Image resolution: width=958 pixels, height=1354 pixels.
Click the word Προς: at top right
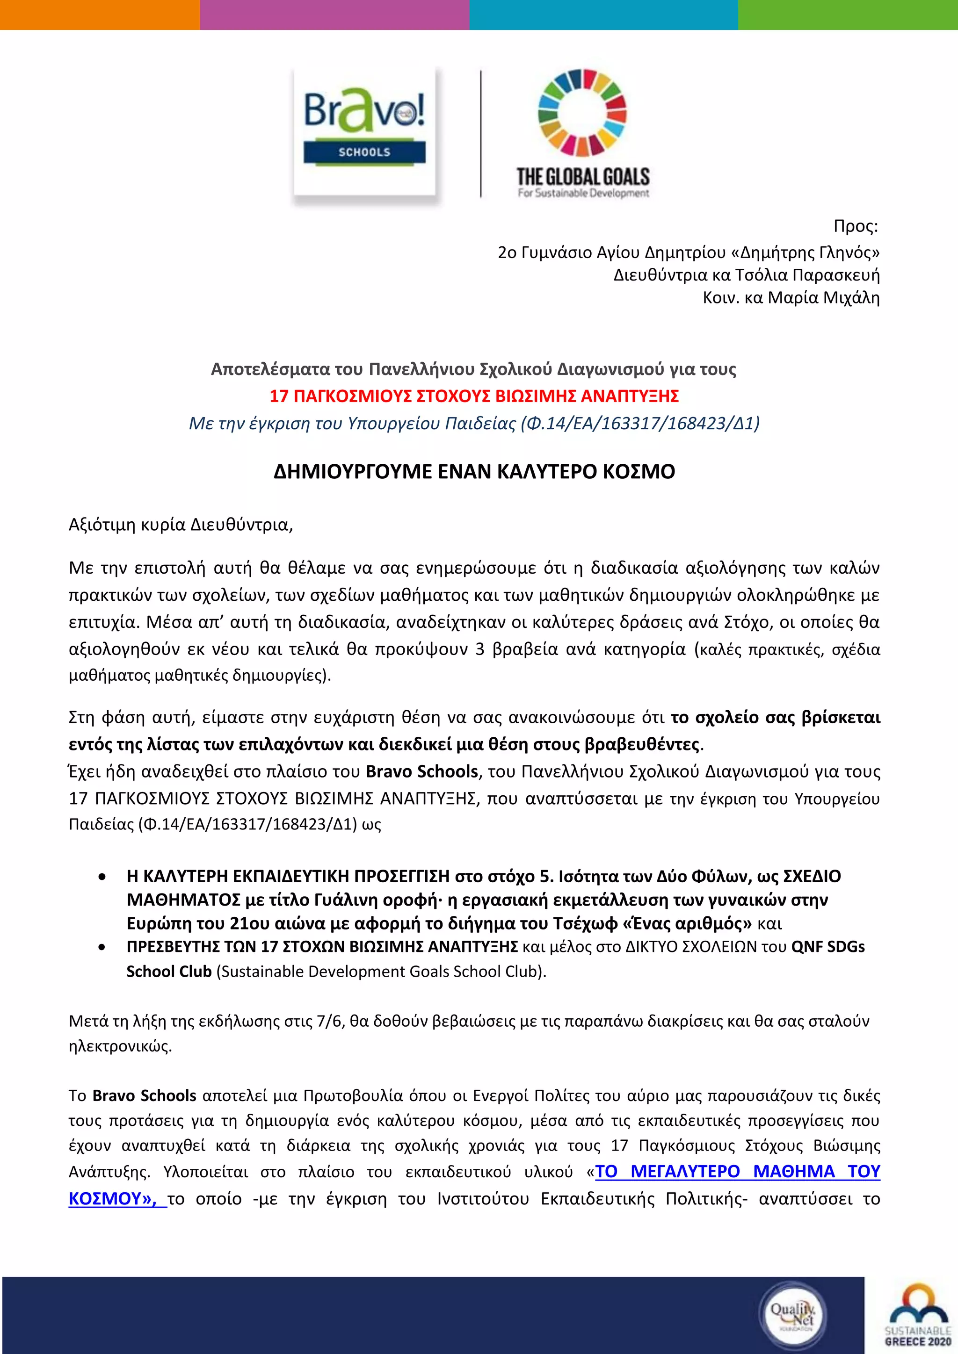[856, 226]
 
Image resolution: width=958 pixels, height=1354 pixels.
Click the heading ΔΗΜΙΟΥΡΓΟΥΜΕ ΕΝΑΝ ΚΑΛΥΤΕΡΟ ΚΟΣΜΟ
[474, 472]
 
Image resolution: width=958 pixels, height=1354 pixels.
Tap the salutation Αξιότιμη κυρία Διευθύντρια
[181, 525]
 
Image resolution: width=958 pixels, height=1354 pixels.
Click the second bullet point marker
[102, 948]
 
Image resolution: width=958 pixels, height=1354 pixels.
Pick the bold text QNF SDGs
[827, 947]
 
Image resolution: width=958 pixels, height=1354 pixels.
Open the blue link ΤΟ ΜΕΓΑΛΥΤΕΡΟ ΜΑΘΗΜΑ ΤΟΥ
[737, 1171]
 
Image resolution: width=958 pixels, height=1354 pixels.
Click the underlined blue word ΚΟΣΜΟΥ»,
[113, 1199]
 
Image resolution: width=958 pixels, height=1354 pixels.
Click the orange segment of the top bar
[100, 14]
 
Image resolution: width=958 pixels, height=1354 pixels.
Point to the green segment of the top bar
[847, 14]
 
